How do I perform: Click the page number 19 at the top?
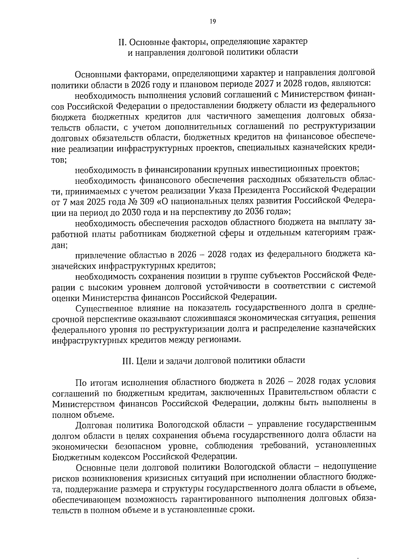(x=212, y=22)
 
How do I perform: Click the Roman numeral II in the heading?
(x=122, y=42)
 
